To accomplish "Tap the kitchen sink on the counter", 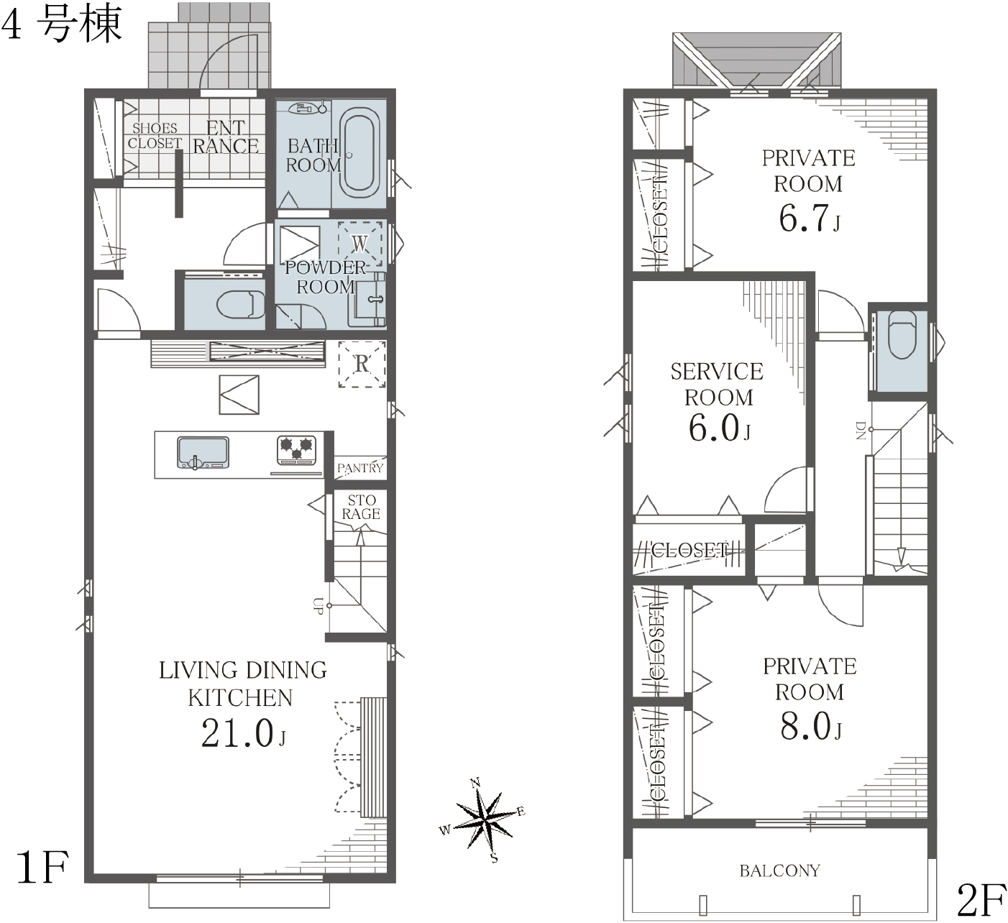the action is pyautogui.click(x=203, y=452).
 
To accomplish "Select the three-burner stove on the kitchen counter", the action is pyautogui.click(x=296, y=450).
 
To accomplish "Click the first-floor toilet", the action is pyautogui.click(x=241, y=304).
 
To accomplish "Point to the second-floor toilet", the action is pyautogui.click(x=902, y=334).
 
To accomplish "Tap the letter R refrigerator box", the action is pyautogui.click(x=362, y=364).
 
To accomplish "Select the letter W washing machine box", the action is pyautogui.click(x=359, y=244).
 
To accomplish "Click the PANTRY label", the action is pyautogui.click(x=360, y=468).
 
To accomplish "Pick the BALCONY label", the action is pyautogui.click(x=779, y=871).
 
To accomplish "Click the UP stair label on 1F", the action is pyautogui.click(x=318, y=605).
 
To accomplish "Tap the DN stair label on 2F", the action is pyautogui.click(x=861, y=430).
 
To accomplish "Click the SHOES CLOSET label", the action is pyautogui.click(x=155, y=136).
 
